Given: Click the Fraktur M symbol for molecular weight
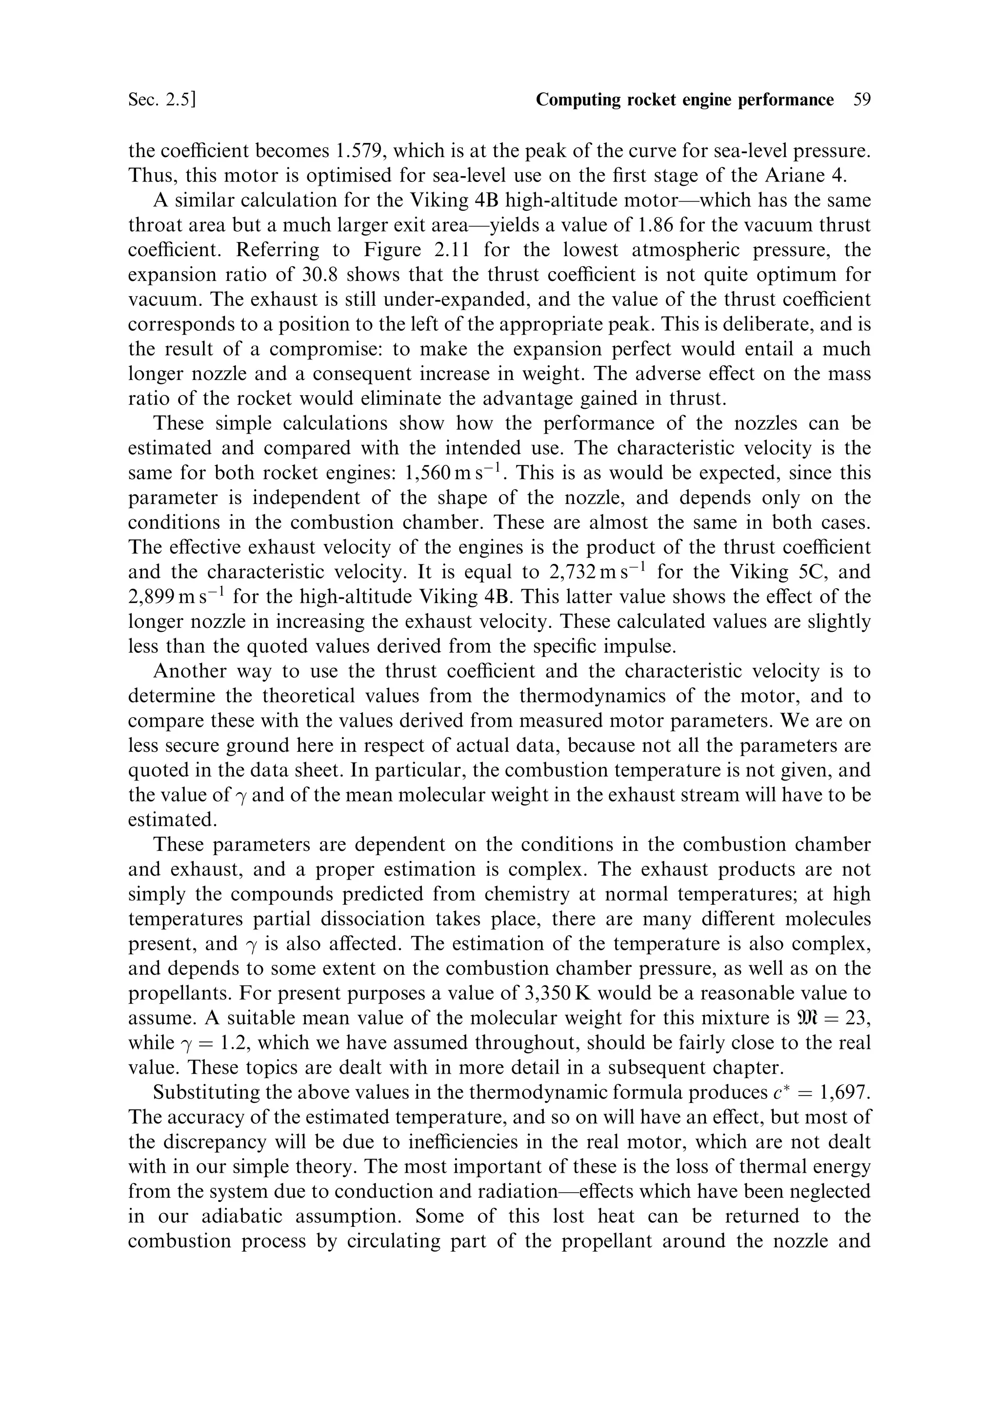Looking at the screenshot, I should (806, 1018).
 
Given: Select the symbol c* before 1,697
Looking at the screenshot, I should (777, 1092).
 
